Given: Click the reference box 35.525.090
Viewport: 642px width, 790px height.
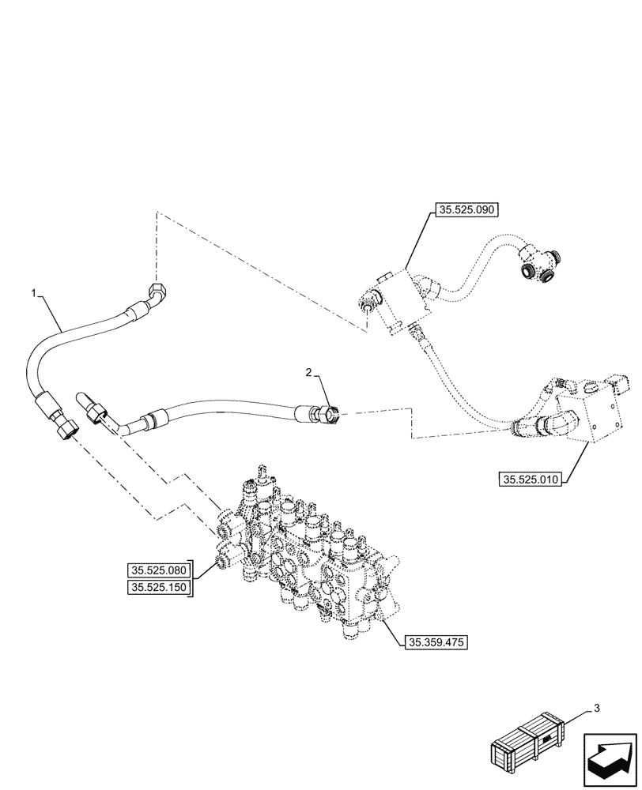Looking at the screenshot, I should click(x=466, y=211).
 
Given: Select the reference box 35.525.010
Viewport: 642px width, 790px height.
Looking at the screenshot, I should click(x=530, y=480).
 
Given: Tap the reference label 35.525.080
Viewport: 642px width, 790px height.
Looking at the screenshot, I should click(x=157, y=570).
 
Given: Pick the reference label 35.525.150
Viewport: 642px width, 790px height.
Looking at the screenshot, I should click(x=157, y=587).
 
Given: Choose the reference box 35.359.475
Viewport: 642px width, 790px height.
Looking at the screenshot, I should click(x=437, y=642).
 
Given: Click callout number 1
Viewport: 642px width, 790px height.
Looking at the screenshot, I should click(x=33, y=293).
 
